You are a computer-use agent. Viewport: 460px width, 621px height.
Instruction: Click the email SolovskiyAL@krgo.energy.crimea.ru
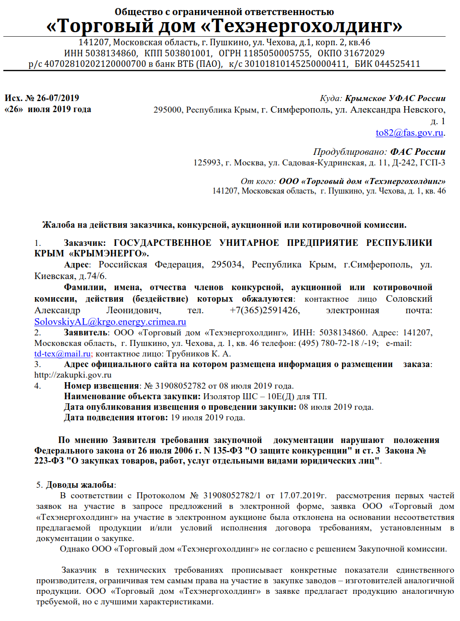tap(110, 322)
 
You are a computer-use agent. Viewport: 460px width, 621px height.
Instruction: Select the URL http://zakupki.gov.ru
tap(72, 375)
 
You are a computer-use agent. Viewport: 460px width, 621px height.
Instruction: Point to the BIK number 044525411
tap(396, 64)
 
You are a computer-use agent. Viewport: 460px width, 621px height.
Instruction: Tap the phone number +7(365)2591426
tap(265, 310)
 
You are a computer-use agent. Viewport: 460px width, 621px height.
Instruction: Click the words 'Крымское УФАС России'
tap(395, 98)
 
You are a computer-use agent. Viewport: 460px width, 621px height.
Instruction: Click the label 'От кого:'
tap(259, 181)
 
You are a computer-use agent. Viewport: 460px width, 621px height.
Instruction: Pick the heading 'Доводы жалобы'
tap(80, 485)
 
